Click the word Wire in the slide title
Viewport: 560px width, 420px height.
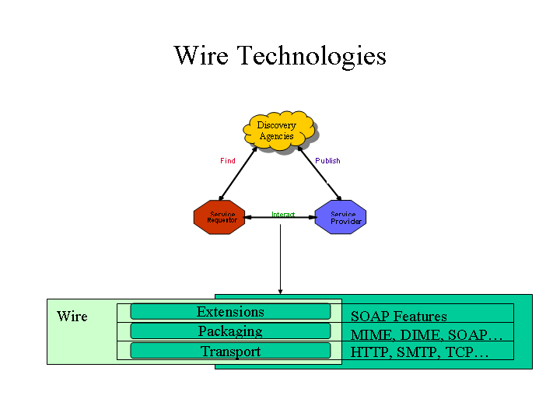(201, 56)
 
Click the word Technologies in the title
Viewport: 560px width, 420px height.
(311, 56)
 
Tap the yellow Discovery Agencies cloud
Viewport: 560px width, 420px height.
(278, 131)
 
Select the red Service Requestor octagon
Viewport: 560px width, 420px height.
(219, 217)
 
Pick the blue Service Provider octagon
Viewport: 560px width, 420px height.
(341, 217)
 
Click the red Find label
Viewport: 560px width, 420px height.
(227, 161)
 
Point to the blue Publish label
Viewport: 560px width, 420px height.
(327, 161)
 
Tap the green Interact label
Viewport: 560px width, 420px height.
(283, 215)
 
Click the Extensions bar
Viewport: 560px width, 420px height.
(230, 312)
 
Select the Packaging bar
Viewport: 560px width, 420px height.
(230, 331)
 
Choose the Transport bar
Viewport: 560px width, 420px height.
(230, 352)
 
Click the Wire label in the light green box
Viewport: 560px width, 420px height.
(72, 317)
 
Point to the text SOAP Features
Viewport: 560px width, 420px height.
(398, 317)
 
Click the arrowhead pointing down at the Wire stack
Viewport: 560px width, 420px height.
(280, 291)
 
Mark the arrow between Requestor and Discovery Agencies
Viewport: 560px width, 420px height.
(238, 173)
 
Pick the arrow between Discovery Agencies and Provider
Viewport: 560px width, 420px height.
(319, 173)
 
